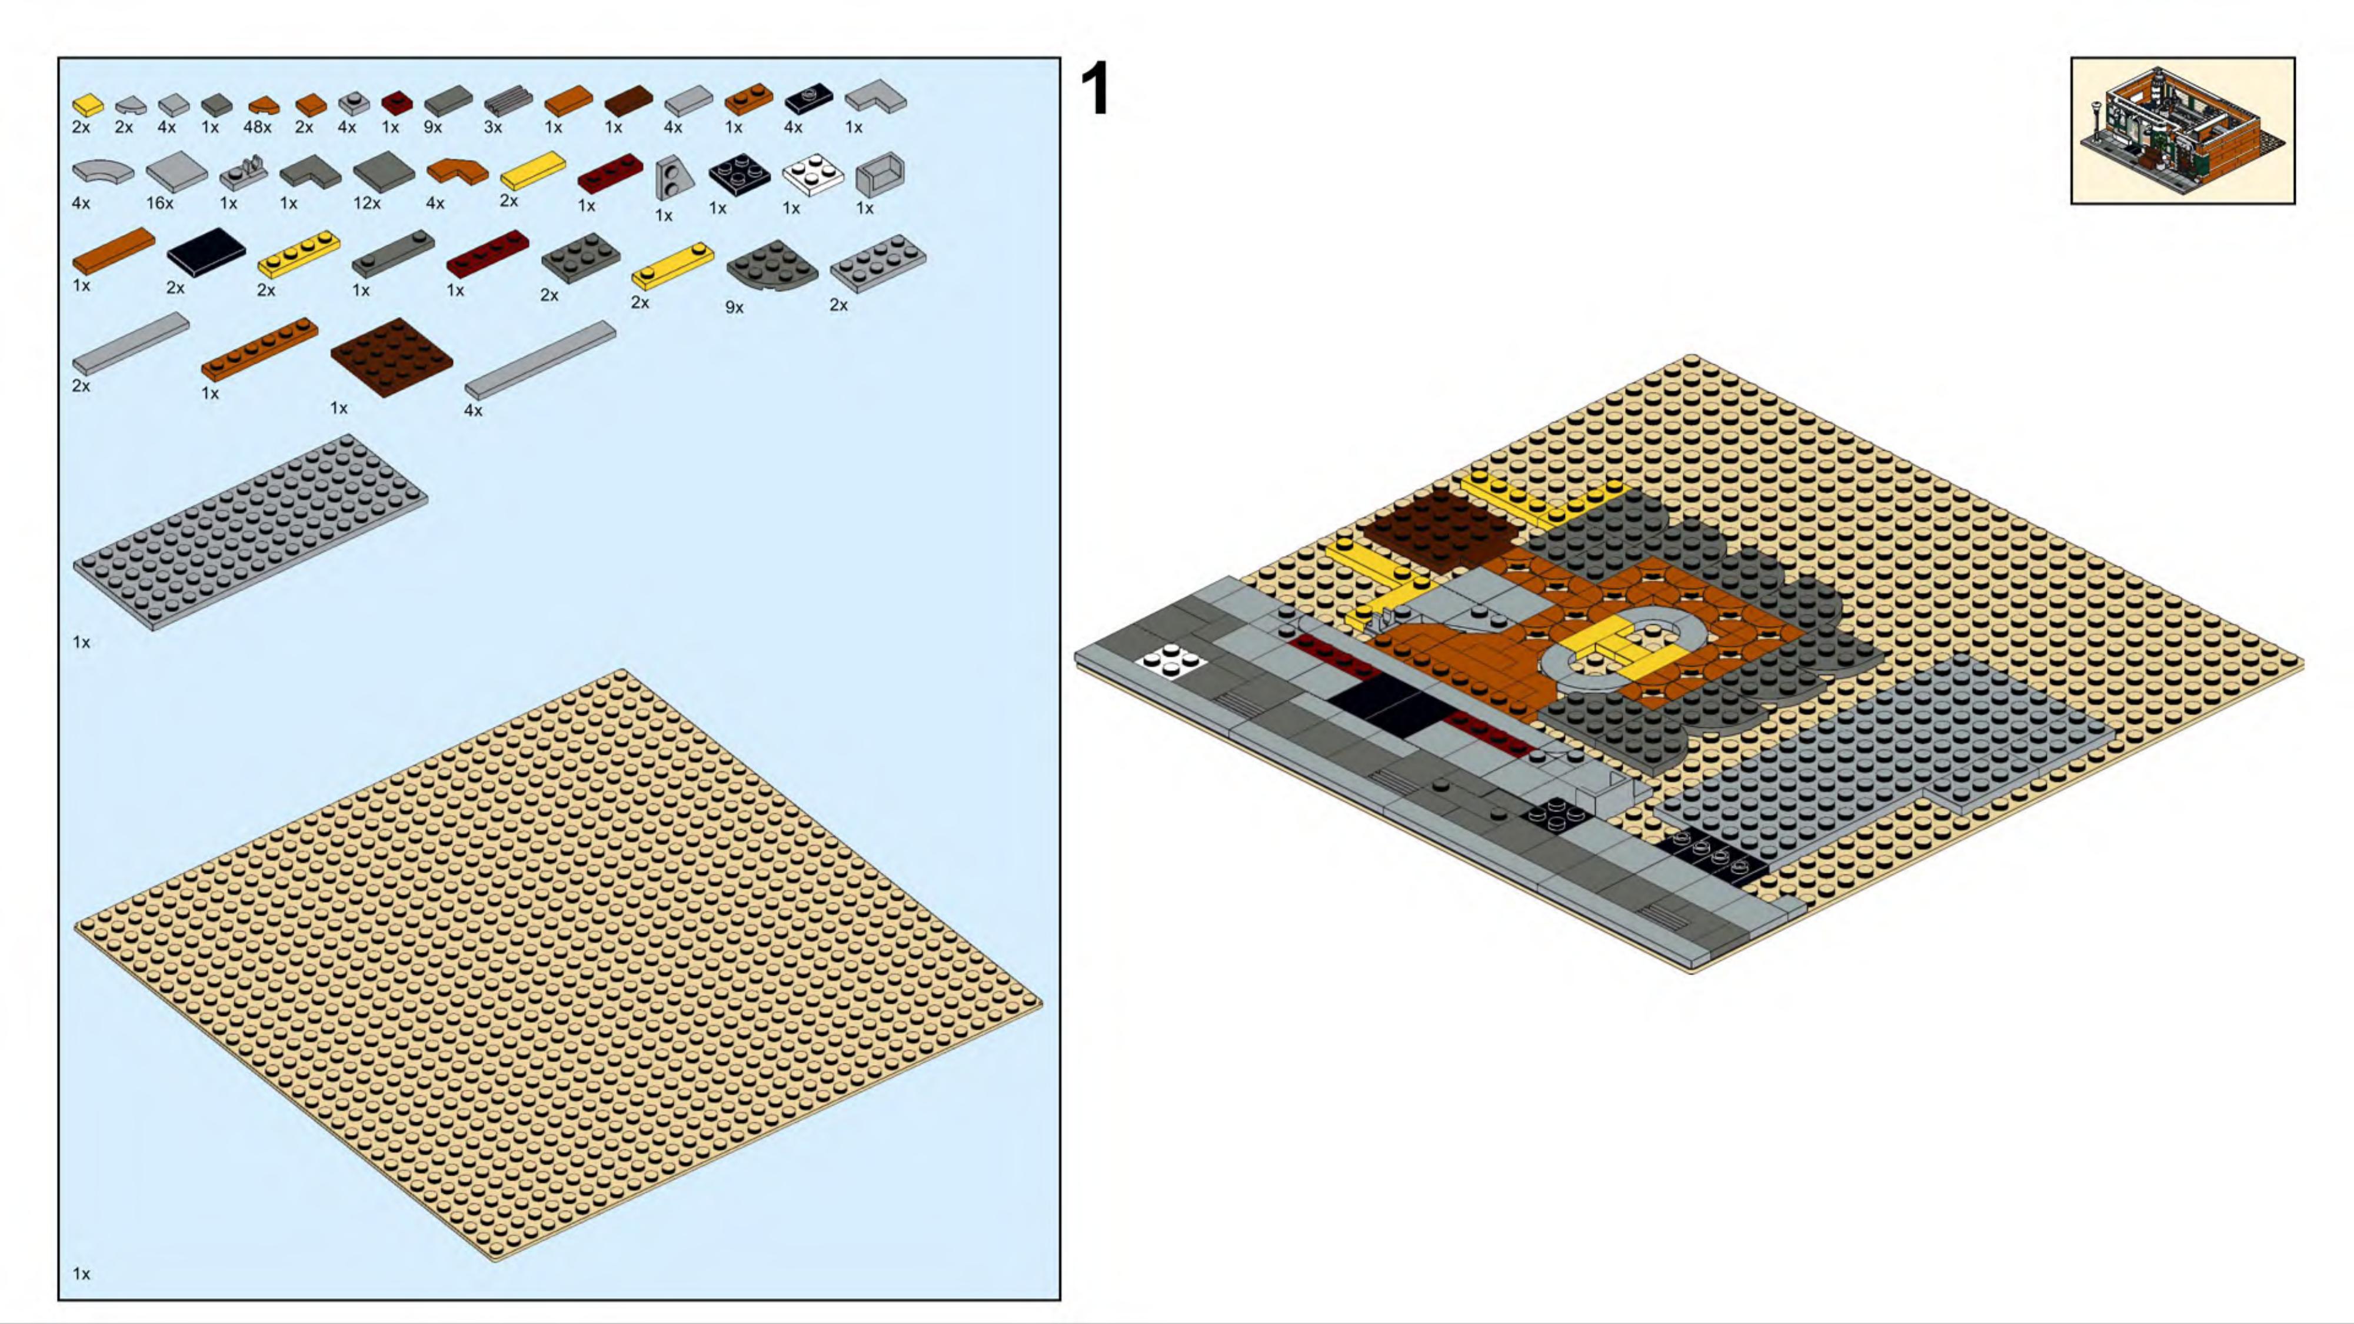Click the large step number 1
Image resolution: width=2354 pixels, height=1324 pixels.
[x=1096, y=89]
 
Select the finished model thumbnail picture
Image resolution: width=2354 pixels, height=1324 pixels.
[x=2182, y=131]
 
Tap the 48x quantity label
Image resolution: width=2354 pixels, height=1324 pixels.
[x=257, y=128]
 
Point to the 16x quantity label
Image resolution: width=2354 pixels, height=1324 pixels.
[x=160, y=203]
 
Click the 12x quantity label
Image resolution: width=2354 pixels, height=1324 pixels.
[x=367, y=203]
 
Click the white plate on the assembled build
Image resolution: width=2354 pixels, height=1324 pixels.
[x=1171, y=660]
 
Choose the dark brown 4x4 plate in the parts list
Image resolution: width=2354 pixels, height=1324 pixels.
[x=391, y=357]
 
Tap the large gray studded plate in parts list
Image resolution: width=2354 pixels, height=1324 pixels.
[x=251, y=532]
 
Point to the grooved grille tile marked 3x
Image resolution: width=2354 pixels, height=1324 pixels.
[x=508, y=101]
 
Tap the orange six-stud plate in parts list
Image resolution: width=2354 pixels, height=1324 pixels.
[x=259, y=349]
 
